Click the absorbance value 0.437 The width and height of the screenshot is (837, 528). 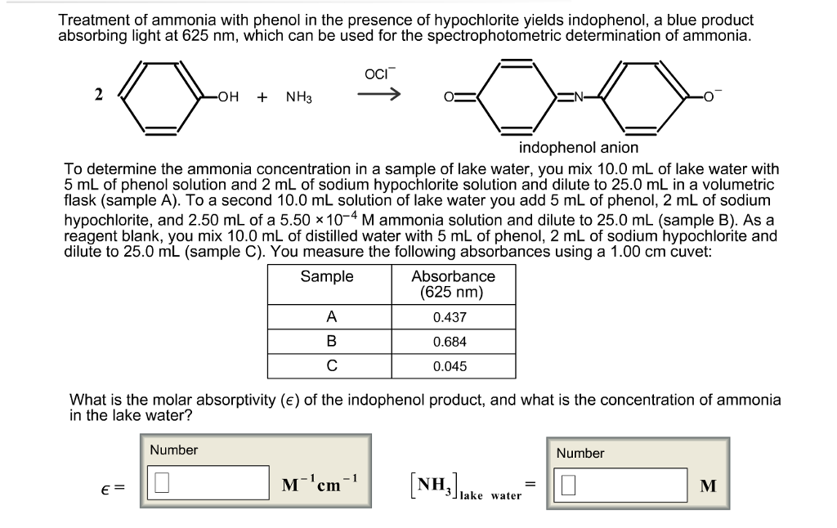click(x=450, y=317)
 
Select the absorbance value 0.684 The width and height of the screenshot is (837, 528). click(x=450, y=342)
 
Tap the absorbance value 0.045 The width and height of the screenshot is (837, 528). click(x=450, y=366)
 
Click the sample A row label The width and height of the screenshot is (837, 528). click(x=331, y=317)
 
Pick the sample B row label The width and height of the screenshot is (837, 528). click(x=331, y=342)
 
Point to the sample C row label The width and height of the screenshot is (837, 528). click(x=331, y=366)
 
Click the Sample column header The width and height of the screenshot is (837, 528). click(x=327, y=276)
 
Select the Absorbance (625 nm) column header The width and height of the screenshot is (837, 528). click(x=453, y=284)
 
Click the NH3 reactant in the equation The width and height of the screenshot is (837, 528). click(x=298, y=97)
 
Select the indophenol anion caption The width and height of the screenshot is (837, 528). click(x=578, y=148)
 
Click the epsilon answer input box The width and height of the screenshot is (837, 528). click(x=208, y=484)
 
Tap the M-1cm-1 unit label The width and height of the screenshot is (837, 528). click(x=320, y=483)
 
